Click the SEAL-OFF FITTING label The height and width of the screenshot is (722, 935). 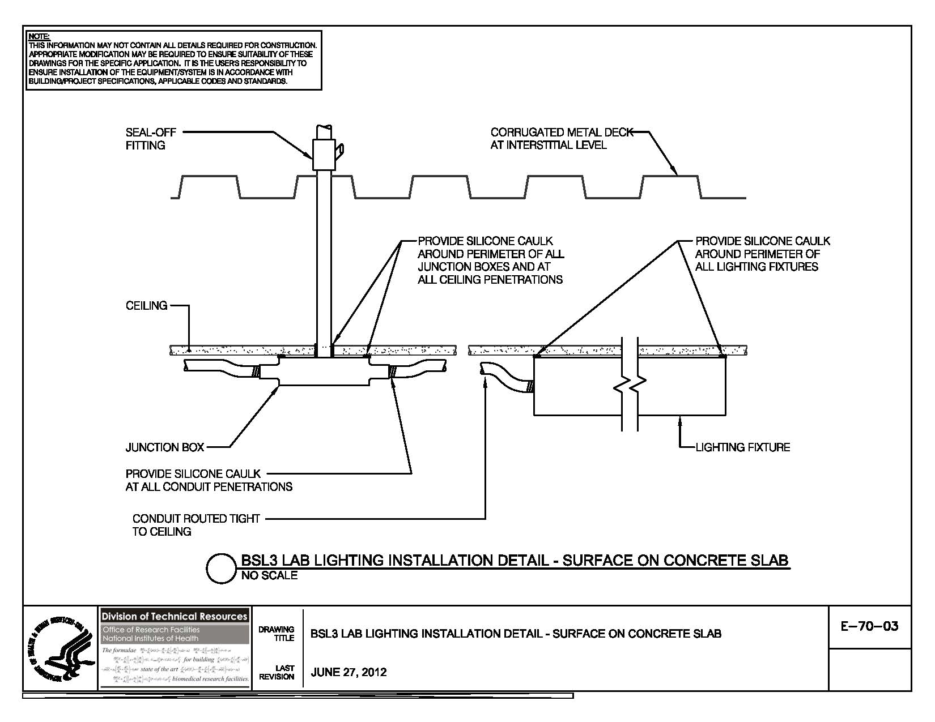[x=151, y=139]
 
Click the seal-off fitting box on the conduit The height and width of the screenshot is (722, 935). [x=324, y=153]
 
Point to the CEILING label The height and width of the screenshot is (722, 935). [x=147, y=306]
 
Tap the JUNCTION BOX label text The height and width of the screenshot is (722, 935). [x=164, y=448]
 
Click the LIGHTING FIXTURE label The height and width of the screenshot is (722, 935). [x=742, y=448]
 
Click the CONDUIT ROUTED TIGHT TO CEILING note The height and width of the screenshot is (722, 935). [x=195, y=525]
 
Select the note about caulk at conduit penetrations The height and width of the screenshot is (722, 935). [x=209, y=480]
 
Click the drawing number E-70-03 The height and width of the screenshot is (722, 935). [x=870, y=626]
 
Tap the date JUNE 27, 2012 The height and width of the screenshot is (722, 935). [x=348, y=673]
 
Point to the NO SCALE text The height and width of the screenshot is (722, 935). [x=269, y=576]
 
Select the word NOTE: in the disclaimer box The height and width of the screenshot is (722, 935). [x=39, y=37]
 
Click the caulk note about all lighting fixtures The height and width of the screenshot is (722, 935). [x=762, y=254]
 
